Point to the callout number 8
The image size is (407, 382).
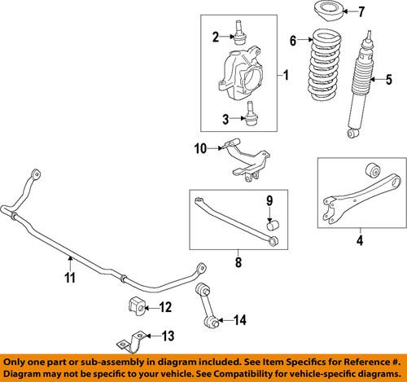[238, 262]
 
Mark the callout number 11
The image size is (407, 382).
[70, 278]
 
